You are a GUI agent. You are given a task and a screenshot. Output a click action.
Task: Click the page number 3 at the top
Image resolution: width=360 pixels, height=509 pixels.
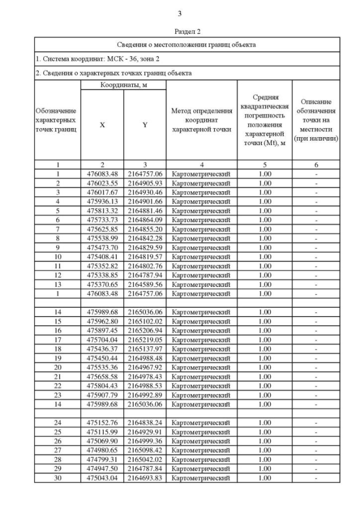(x=179, y=13)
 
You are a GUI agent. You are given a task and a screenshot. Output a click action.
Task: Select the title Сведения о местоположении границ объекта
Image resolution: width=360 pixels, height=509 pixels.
(x=187, y=44)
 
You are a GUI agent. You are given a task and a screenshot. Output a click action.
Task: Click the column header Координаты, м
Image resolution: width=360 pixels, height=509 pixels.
(x=123, y=85)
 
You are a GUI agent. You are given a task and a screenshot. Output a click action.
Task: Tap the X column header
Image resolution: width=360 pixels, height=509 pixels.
(x=102, y=125)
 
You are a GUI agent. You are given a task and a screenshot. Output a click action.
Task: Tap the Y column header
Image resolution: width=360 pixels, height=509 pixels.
(x=145, y=125)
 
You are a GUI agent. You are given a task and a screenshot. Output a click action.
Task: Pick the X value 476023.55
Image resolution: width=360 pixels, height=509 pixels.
(x=102, y=183)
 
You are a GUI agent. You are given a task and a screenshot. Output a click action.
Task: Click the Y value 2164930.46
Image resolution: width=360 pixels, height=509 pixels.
(x=145, y=192)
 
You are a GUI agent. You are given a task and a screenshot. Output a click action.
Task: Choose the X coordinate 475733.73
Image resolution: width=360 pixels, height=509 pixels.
(x=102, y=219)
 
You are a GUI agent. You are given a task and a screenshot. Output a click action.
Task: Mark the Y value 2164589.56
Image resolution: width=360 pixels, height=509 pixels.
(x=145, y=284)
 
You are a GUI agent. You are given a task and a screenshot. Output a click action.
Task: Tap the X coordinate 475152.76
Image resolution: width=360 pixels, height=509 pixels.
(x=102, y=422)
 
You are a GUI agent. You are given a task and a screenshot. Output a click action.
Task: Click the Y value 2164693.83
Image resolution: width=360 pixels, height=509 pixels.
(x=145, y=478)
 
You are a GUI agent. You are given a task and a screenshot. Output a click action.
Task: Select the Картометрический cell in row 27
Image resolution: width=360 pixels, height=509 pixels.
(x=201, y=450)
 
